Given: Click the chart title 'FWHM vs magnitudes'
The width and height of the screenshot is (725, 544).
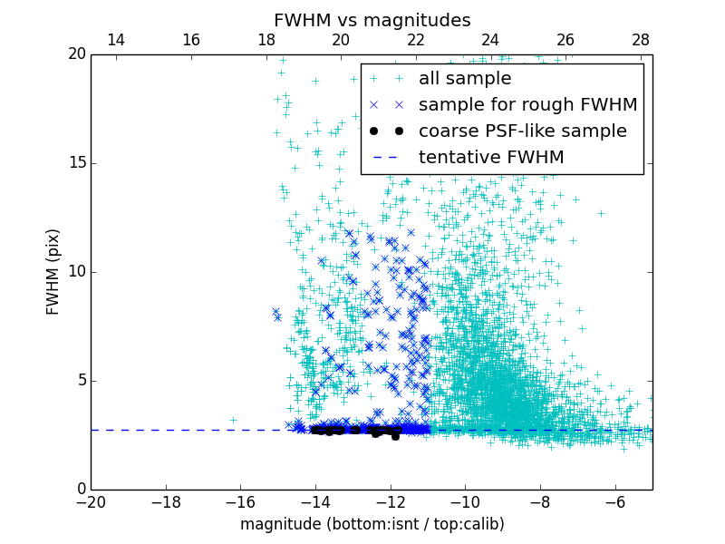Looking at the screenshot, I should click(x=372, y=20).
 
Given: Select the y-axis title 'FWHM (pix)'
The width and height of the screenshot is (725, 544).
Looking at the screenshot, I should click(x=53, y=271).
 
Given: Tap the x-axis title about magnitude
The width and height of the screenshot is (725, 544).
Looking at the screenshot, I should click(x=372, y=524).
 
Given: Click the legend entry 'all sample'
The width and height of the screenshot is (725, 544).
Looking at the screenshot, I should click(x=464, y=79).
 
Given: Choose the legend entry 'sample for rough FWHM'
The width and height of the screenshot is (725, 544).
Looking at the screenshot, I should click(x=527, y=105).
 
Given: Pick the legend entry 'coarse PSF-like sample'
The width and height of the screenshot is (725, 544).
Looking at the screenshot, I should click(x=522, y=131).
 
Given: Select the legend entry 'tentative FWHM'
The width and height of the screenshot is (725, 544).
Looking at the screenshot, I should click(x=490, y=158).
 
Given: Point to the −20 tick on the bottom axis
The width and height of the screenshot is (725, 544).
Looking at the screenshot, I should click(x=91, y=502).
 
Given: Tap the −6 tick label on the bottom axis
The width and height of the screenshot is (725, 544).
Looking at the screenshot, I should click(x=614, y=502).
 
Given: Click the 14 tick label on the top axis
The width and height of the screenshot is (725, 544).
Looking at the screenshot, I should click(x=116, y=40).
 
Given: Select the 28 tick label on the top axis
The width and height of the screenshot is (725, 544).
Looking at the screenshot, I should click(x=641, y=40).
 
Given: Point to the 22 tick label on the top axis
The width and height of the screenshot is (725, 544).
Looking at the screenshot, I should click(x=416, y=40).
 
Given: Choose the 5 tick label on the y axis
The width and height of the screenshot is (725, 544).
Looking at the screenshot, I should click(x=80, y=381).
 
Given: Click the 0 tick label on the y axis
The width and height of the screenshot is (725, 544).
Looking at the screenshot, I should click(x=80, y=490).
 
